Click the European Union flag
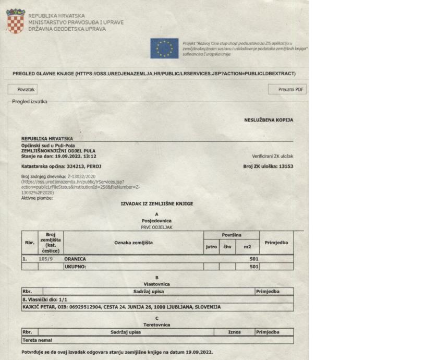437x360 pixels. coord(164,48)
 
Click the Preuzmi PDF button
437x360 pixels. coord(287,90)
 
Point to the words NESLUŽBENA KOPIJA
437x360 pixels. coord(269,120)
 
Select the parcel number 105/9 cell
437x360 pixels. coord(46,259)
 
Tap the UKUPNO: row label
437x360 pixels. coord(75,267)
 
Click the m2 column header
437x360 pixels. coord(247,246)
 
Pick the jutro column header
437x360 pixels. coord(211,246)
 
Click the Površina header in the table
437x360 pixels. coord(230,235)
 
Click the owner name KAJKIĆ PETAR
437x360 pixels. coord(39,307)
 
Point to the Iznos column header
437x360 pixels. coord(234,332)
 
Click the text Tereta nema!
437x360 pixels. coord(35,340)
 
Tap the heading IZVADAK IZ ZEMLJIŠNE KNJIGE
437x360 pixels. coord(156,203)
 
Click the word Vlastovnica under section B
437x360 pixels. coord(156,283)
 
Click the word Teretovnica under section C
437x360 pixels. coord(156,324)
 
